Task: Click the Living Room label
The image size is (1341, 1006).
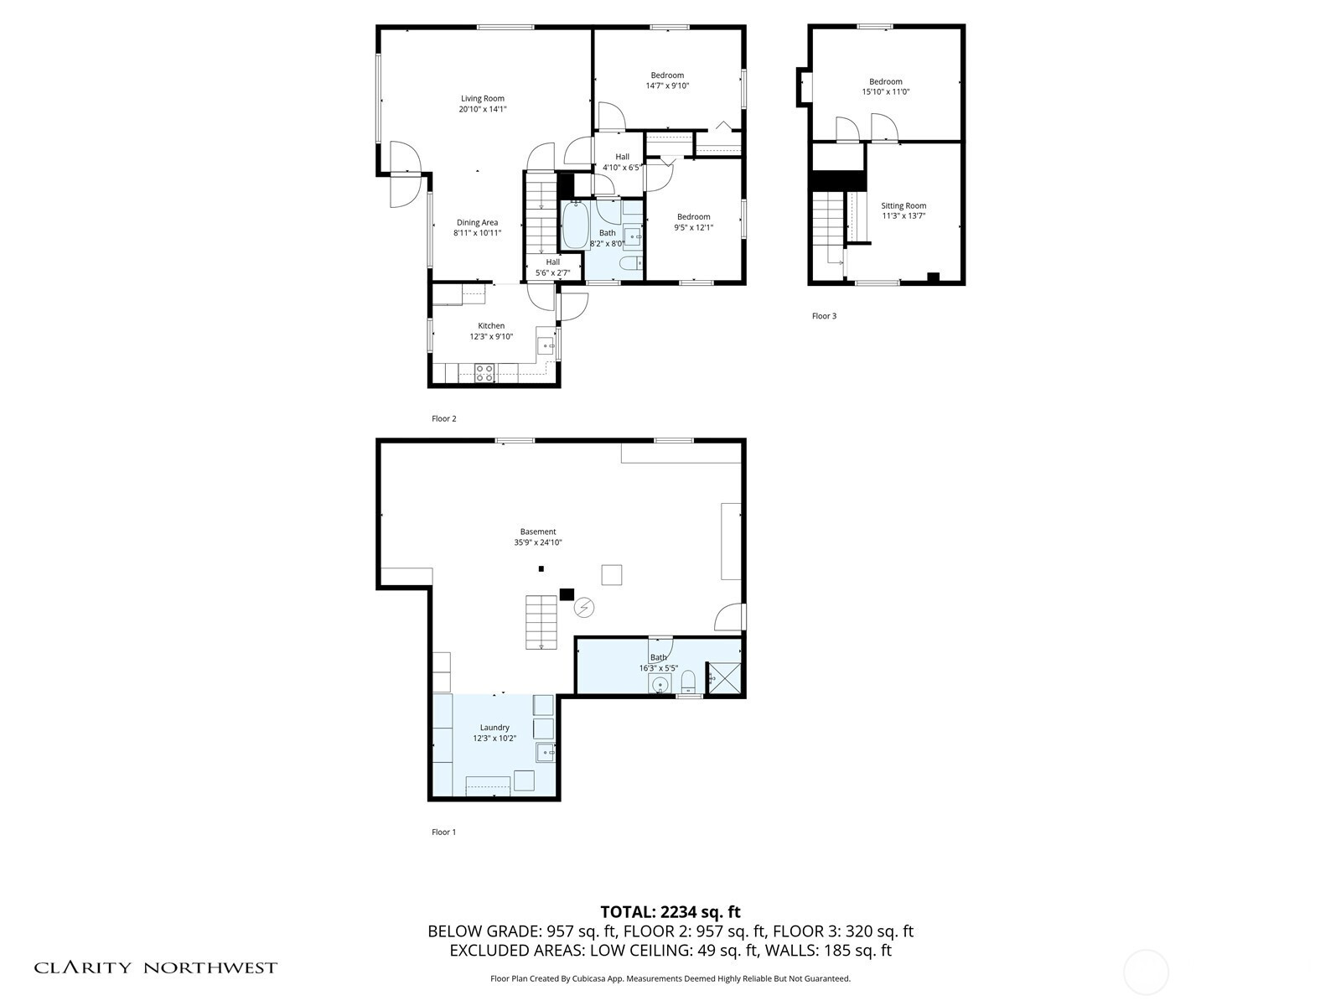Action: pos(482,98)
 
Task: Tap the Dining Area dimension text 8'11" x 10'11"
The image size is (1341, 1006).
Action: pos(477,233)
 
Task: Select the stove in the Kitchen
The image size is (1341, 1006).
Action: pos(485,372)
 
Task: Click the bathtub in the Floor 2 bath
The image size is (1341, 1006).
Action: pos(575,225)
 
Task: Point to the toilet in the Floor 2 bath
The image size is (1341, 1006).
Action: pos(630,263)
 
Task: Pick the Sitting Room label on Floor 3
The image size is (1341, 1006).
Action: pos(903,206)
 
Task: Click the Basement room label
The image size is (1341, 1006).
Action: pos(538,532)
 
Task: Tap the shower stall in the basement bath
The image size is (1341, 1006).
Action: pos(724,678)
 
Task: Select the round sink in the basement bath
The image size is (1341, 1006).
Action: pos(660,685)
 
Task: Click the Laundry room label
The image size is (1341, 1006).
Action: pos(494,728)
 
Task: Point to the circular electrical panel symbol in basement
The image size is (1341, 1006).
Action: pos(584,608)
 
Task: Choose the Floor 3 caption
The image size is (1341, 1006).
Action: pos(824,316)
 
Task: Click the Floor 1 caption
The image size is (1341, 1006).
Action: pos(443,832)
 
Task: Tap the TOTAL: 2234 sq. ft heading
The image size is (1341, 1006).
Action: pos(670,912)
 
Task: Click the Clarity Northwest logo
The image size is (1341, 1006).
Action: pos(155,967)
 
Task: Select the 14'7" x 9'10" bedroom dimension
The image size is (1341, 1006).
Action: pos(667,86)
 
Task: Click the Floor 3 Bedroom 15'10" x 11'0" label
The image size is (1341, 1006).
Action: pos(886,86)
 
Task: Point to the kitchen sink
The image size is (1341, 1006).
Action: pos(546,345)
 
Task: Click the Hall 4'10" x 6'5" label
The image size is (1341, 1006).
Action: pos(622,162)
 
